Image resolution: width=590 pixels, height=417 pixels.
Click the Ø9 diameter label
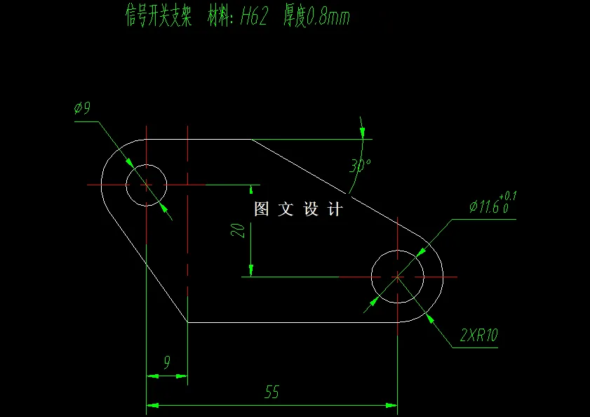pos(83,108)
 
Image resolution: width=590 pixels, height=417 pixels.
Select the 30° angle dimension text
pos(360,166)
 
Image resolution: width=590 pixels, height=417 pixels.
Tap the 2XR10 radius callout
pos(478,336)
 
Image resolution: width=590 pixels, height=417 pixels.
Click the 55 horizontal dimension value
pos(272,392)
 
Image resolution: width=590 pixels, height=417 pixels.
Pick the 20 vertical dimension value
pos(239,231)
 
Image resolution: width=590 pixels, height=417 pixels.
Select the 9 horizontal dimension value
pos(167,363)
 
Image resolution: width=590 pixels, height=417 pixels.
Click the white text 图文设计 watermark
pos(298,208)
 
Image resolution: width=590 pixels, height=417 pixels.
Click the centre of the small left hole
pos(146,185)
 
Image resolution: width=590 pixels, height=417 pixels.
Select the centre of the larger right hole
pos(397,277)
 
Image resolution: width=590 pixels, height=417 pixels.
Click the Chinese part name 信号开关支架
pos(158,17)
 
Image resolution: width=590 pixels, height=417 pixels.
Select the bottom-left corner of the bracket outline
pos(188,322)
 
